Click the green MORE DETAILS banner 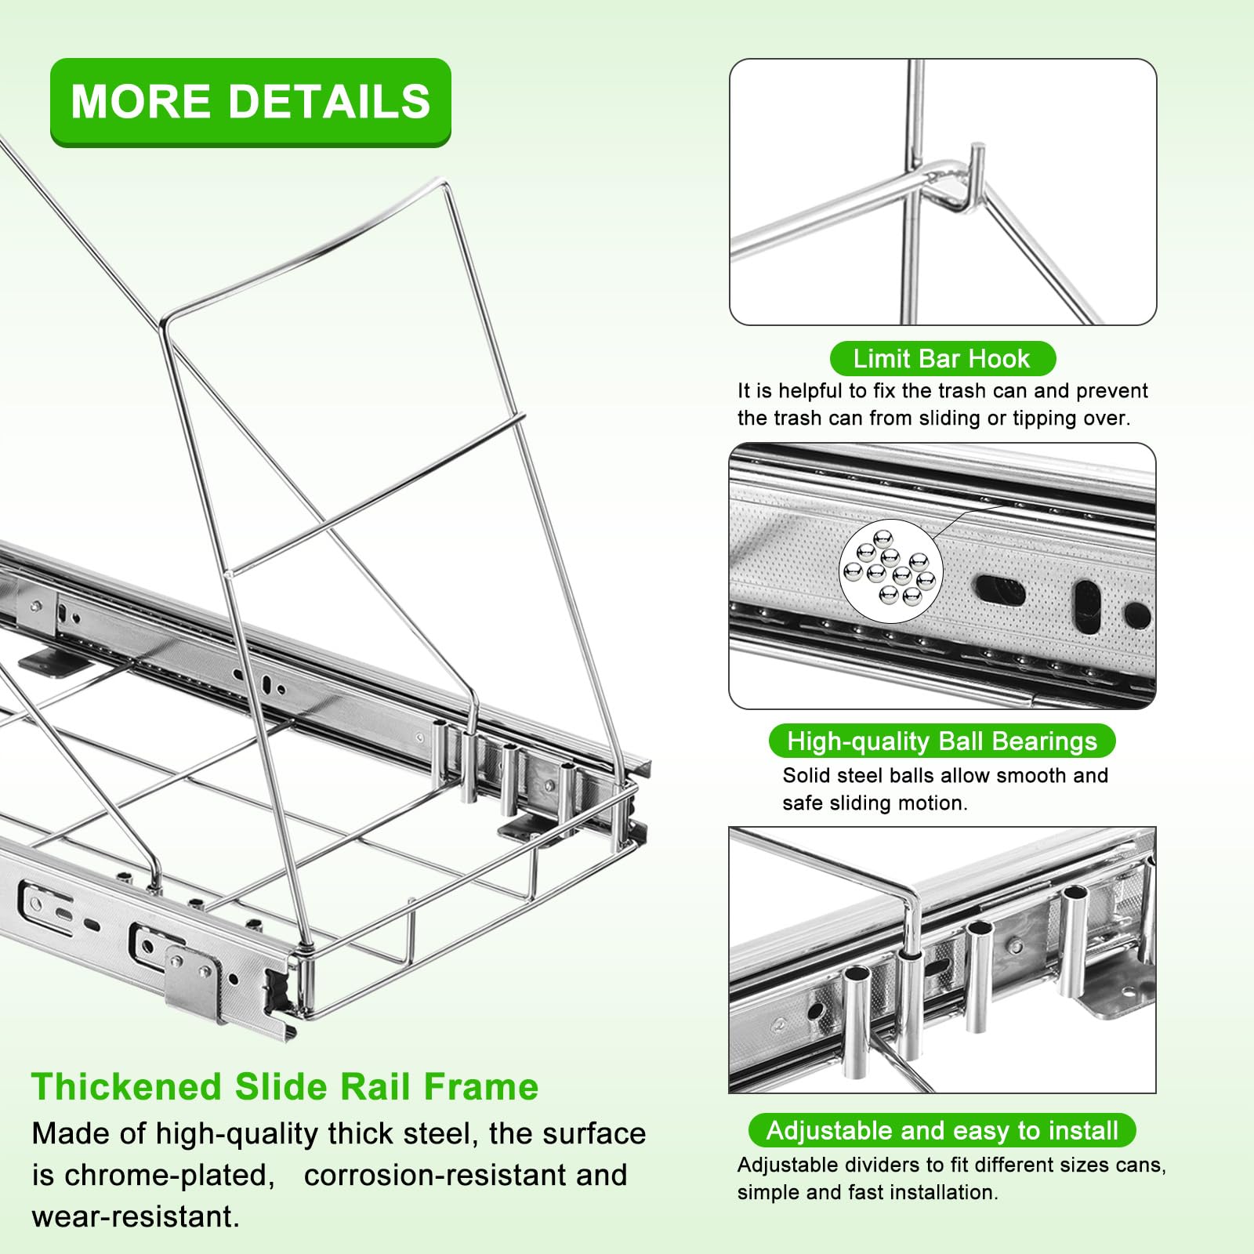point(251,102)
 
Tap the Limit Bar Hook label point(942,359)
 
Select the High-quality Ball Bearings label point(941,741)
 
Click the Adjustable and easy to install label point(941,1130)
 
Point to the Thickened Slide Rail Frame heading point(285,1087)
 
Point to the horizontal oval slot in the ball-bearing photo point(999,589)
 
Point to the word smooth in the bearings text point(1025,776)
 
